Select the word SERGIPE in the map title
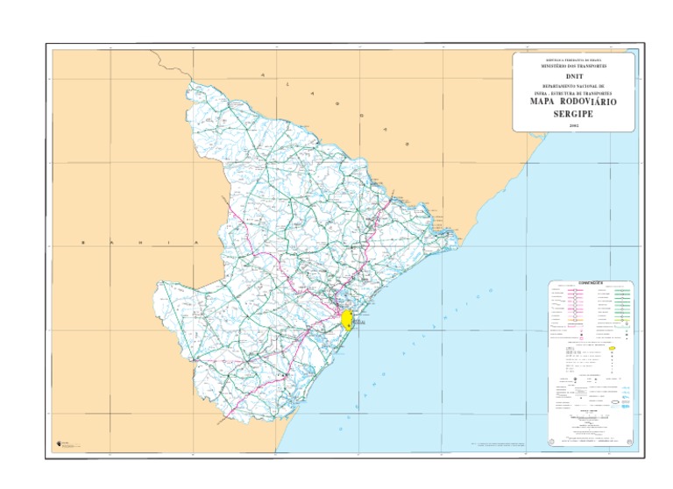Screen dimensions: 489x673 574,114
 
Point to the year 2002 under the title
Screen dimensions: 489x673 574,126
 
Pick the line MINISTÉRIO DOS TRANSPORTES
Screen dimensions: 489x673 574,67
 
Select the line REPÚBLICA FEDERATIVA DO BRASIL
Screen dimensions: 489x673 574,60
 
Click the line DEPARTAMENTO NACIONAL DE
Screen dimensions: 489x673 574,86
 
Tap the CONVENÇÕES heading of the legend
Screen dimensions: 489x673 592,283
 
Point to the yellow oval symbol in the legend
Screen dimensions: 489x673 613,348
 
